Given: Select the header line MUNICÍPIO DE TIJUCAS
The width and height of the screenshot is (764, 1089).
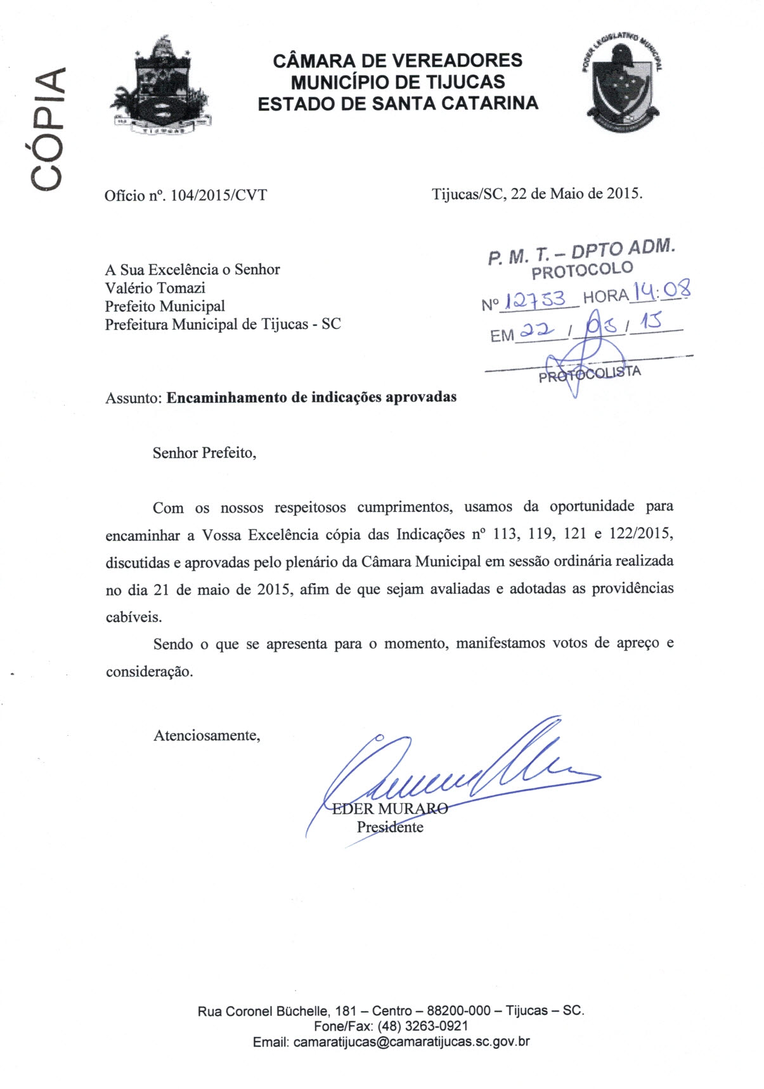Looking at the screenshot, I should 398,82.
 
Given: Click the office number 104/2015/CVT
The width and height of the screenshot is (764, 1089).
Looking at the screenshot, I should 219,195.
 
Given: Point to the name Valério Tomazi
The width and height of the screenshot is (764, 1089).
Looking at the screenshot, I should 155,288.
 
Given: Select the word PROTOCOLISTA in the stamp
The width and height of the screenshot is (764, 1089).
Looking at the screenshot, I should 590,374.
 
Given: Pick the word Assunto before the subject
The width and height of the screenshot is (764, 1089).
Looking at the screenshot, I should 133,398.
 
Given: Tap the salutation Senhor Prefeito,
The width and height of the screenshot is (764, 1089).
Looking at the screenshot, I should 204,453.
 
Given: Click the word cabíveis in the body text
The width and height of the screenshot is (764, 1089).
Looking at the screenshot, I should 134,617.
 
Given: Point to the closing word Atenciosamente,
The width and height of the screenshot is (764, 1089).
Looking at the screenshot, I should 207,736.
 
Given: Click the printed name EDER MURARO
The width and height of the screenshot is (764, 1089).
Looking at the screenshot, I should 390,809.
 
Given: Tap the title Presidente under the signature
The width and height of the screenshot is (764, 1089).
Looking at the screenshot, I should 390,827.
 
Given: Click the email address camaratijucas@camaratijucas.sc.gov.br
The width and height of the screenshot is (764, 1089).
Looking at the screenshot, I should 410,1041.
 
